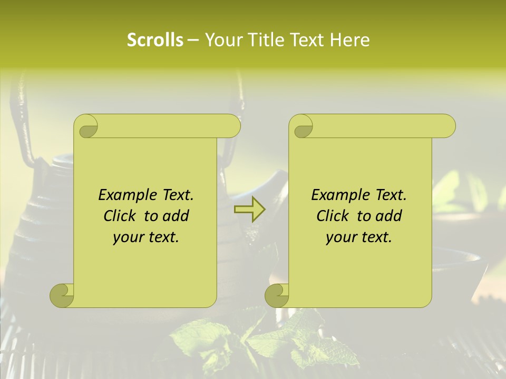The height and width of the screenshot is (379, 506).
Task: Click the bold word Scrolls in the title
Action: click(155, 40)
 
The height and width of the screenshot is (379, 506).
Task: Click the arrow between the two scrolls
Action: click(249, 209)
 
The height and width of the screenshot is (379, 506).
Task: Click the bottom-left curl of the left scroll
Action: click(62, 295)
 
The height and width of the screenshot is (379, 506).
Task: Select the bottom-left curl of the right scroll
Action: click(277, 295)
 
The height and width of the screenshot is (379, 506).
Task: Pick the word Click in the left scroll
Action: click(121, 216)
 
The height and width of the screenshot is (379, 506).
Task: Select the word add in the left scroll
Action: click(177, 216)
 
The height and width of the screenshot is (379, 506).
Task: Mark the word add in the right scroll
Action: click(390, 216)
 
